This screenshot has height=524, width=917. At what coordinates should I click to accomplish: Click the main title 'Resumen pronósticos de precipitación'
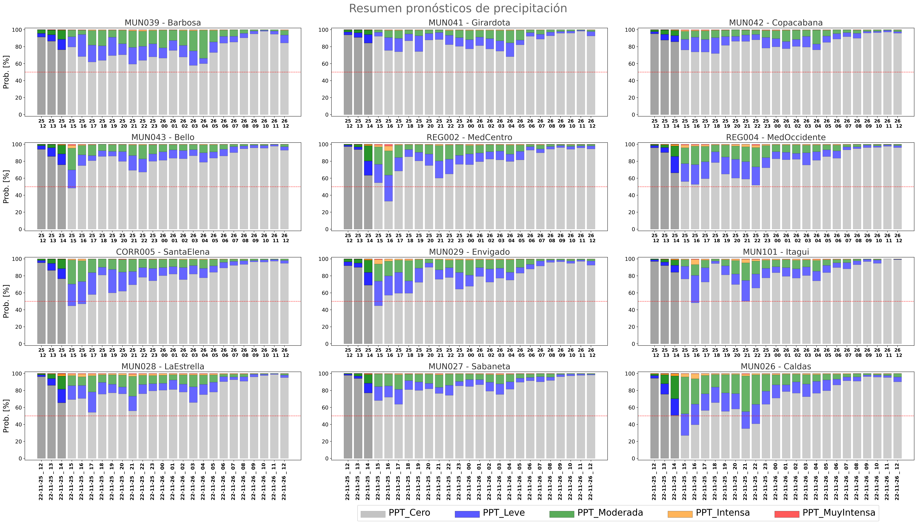coord(458,8)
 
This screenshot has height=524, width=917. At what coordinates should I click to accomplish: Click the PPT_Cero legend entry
coord(395,513)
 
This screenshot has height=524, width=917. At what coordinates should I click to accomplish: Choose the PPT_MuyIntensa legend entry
coord(825,513)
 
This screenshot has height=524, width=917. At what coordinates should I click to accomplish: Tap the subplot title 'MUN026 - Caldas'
coord(776,366)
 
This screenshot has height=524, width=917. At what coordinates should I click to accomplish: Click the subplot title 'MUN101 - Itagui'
coord(776,252)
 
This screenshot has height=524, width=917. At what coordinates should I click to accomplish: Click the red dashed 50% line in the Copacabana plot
coord(776,72)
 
